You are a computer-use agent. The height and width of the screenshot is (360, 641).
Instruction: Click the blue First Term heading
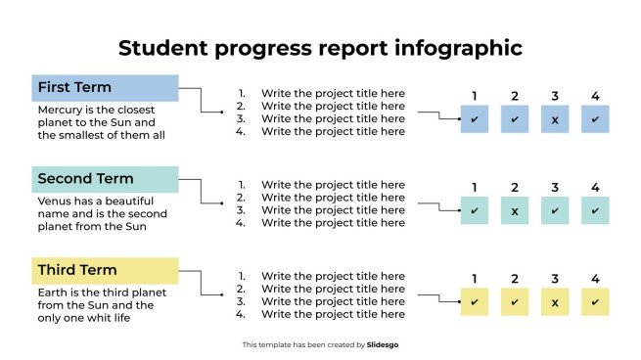click(105, 88)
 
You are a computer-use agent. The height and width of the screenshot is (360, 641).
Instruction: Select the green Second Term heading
click(105, 179)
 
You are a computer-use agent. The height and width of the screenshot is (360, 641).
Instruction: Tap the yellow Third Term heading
click(105, 270)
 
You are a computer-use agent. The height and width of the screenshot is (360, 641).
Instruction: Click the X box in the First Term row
click(555, 119)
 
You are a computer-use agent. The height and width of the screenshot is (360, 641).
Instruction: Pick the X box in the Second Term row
click(515, 210)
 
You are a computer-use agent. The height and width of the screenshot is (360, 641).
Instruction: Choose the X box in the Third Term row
click(555, 301)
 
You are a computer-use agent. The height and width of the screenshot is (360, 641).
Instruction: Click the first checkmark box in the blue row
click(475, 119)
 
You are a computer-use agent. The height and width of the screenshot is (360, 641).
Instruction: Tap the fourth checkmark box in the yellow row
click(595, 301)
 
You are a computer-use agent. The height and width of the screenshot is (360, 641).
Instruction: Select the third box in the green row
click(555, 210)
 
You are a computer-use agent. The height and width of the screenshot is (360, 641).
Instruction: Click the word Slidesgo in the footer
click(383, 344)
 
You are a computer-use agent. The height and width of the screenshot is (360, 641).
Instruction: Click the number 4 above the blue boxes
click(595, 96)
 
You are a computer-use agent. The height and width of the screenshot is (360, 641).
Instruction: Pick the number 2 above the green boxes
click(515, 187)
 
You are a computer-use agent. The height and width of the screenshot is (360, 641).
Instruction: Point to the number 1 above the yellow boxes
click(475, 279)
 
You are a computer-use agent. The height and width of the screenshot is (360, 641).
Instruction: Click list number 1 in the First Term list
click(241, 94)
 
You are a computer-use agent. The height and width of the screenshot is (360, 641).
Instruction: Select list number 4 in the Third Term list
click(241, 315)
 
